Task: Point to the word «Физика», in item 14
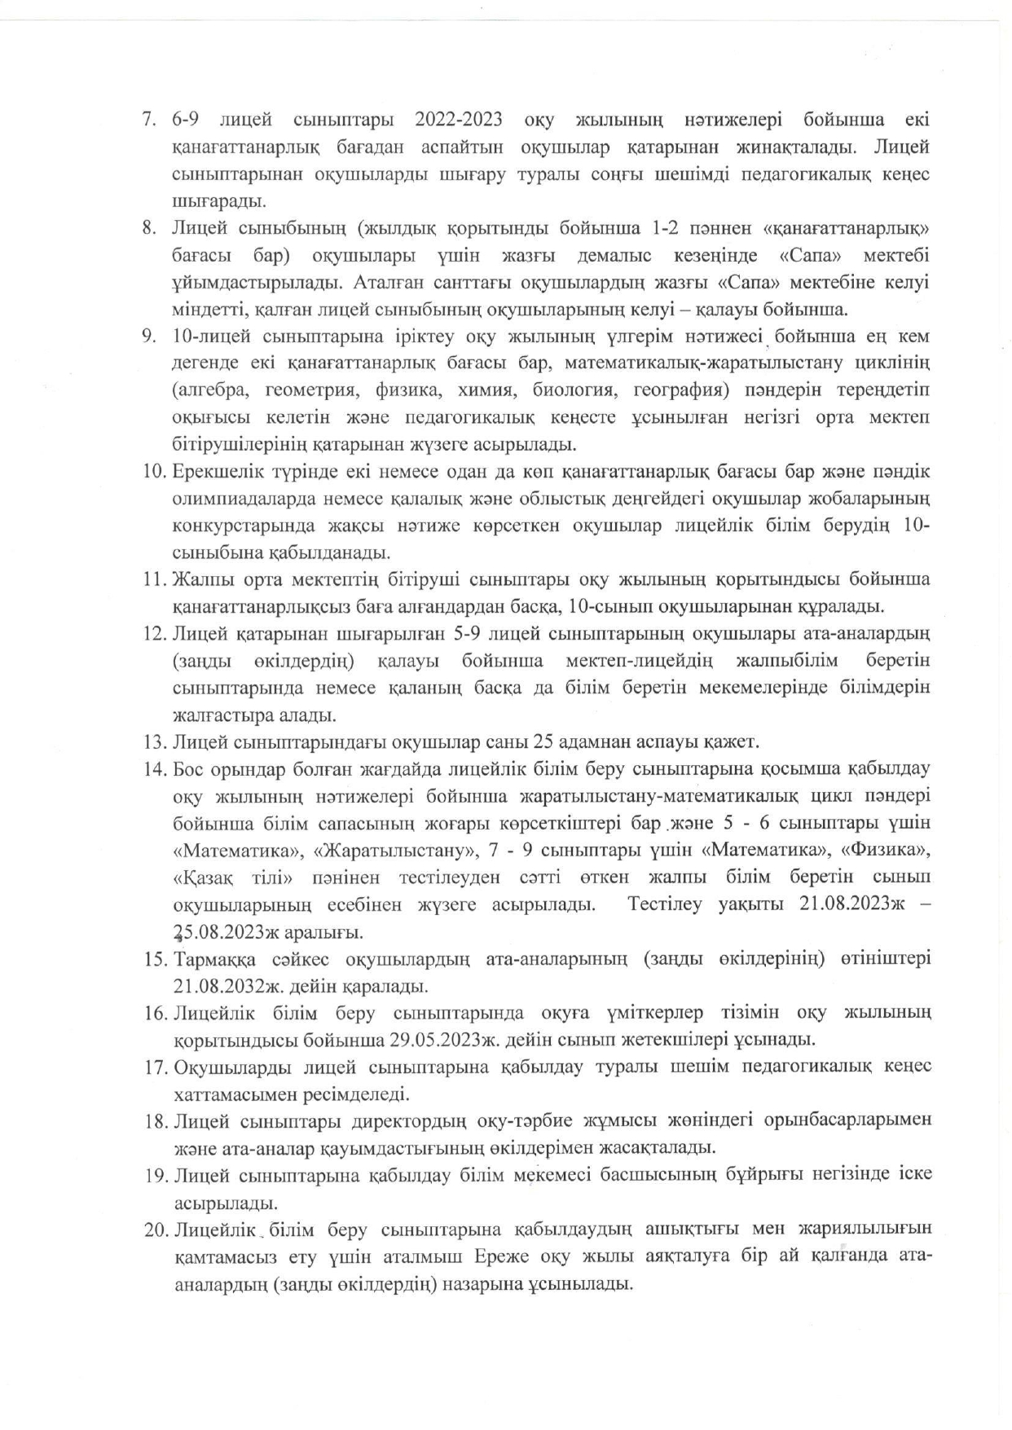(x=885, y=851)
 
